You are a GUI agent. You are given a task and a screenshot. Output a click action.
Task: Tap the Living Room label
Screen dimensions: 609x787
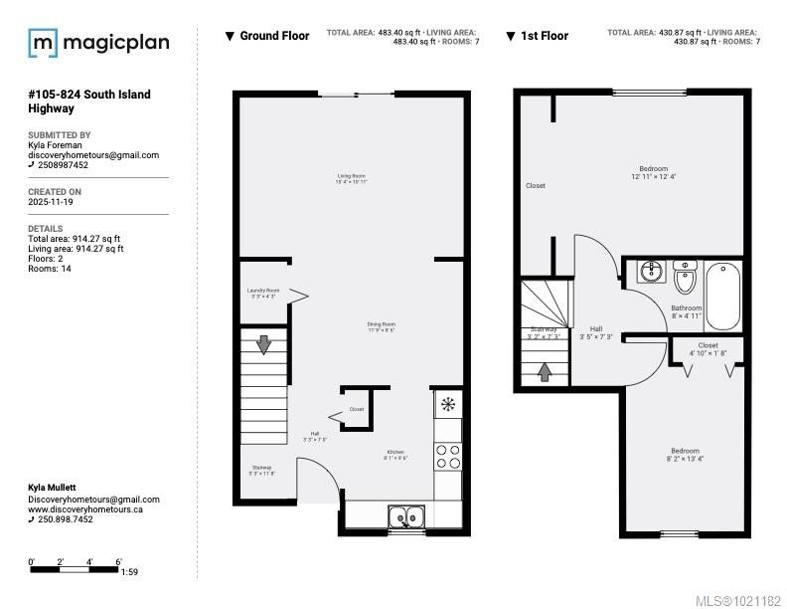coord(352,179)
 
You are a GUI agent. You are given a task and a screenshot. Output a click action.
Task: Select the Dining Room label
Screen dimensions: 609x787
coord(382,326)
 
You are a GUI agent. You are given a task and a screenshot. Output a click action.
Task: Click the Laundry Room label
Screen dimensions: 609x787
coord(263,293)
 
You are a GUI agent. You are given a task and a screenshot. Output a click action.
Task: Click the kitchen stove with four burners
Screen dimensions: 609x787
coord(448,456)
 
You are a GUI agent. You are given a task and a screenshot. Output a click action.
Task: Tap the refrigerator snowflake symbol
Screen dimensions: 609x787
coord(448,404)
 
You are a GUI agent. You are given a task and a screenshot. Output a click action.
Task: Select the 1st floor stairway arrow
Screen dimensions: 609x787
coord(545,372)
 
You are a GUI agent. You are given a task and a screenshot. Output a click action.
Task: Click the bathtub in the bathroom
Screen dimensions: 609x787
coord(722,296)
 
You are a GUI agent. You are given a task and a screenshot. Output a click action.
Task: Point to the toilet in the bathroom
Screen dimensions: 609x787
coord(685,276)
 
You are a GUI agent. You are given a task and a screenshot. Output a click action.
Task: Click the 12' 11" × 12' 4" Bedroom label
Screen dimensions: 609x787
coord(653,172)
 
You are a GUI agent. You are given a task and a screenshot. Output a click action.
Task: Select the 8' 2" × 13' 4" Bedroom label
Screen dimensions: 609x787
coord(685,455)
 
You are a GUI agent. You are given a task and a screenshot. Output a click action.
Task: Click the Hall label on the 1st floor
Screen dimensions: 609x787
coord(596,332)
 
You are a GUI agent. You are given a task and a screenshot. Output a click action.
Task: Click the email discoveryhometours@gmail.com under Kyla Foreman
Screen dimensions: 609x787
coord(93,155)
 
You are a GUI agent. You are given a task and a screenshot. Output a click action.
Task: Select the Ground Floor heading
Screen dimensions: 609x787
coord(274,36)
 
